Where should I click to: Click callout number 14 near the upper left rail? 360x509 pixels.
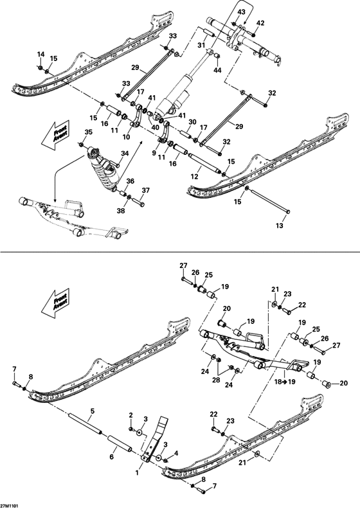[40, 54]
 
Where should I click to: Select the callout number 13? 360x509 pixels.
[278, 227]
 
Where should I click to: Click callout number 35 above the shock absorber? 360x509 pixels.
[89, 132]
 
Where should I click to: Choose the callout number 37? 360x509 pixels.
[145, 190]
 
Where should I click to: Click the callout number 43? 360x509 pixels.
[241, 12]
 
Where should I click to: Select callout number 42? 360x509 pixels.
[260, 23]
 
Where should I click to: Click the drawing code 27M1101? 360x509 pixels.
[10, 505]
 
